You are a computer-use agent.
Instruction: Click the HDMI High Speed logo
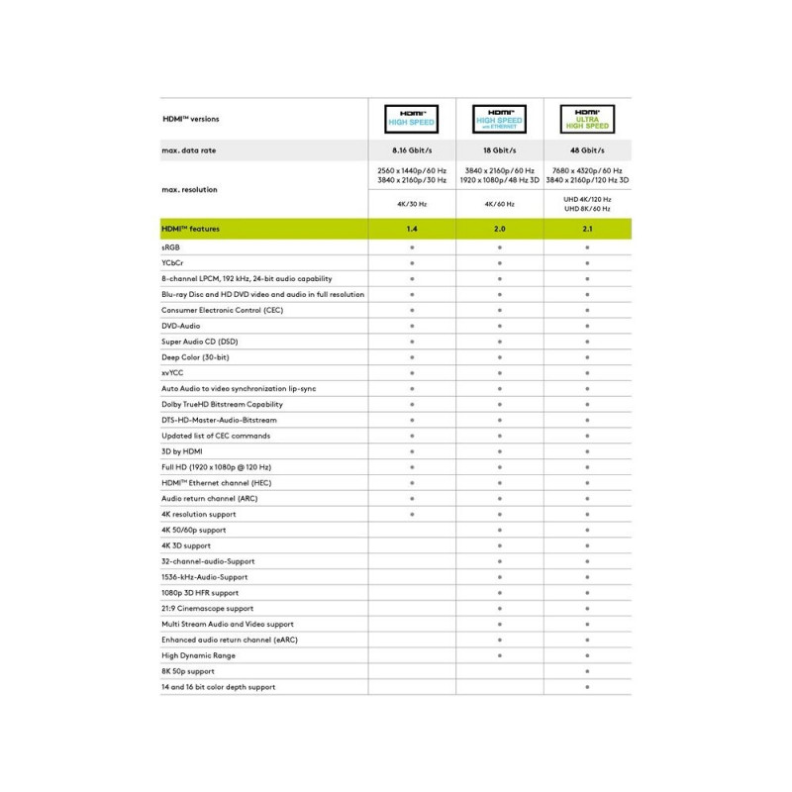coord(411,119)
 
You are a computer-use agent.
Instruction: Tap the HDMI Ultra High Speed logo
coord(587,119)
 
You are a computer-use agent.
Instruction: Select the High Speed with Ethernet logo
coord(499,119)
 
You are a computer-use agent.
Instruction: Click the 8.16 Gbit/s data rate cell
coord(411,150)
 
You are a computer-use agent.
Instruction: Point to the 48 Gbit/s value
coord(587,150)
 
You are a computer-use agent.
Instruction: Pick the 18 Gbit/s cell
coord(499,150)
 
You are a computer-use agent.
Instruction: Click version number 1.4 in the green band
coord(411,229)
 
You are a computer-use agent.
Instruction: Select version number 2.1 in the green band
coord(587,229)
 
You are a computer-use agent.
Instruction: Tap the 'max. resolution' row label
coord(189,189)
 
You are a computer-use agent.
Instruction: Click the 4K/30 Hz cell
coord(411,205)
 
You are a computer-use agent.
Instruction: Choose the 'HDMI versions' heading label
coord(191,119)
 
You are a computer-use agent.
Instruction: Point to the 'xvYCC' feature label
coord(173,373)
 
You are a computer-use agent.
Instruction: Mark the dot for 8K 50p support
coord(587,671)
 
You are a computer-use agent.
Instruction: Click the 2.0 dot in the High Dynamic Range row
coord(499,655)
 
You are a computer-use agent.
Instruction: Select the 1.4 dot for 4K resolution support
coord(411,514)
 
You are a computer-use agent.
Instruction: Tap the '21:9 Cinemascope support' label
coord(207,608)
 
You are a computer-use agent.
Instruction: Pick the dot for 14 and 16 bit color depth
coord(587,687)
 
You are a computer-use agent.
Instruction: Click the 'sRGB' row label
coord(170,247)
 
